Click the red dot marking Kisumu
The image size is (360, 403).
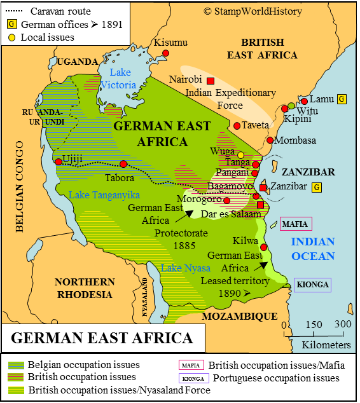point(165,53)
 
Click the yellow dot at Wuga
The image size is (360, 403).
point(241,154)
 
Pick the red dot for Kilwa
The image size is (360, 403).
point(263,247)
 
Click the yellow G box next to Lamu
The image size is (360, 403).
point(342,99)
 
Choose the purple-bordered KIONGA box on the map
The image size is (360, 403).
point(313,285)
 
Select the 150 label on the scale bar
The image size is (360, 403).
point(314,324)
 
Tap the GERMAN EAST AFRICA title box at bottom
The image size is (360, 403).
point(102,338)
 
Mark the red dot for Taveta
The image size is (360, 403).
point(237,126)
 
